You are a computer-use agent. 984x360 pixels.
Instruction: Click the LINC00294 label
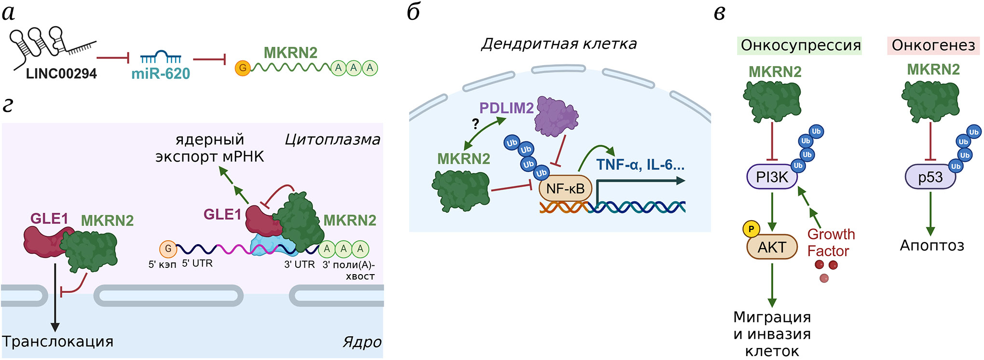click(x=61, y=74)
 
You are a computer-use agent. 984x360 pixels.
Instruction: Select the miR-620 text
click(x=161, y=74)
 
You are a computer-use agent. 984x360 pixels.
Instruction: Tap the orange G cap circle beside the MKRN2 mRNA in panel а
click(x=243, y=68)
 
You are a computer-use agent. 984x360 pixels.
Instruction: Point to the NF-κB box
click(x=565, y=189)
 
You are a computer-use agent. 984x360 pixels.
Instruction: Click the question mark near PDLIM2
click(x=476, y=124)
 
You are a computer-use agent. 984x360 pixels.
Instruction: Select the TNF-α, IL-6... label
click(x=640, y=165)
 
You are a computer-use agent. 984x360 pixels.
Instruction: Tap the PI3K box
click(x=772, y=177)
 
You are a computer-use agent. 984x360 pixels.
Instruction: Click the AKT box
click(x=772, y=247)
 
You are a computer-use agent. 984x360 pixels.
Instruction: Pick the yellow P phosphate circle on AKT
click(x=751, y=229)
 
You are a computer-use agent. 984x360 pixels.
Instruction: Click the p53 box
click(x=930, y=177)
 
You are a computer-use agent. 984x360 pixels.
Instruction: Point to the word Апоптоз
click(x=932, y=246)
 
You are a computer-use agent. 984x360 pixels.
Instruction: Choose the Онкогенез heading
click(x=933, y=45)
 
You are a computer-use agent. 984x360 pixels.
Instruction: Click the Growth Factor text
click(x=831, y=243)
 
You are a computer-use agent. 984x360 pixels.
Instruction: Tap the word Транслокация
click(x=58, y=341)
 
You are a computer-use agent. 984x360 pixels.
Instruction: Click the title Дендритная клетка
click(x=559, y=44)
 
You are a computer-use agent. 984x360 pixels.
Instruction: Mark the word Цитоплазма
click(x=332, y=139)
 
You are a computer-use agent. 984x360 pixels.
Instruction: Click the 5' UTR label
click(x=197, y=263)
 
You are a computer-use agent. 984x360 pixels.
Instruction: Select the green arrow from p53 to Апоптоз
click(x=930, y=212)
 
